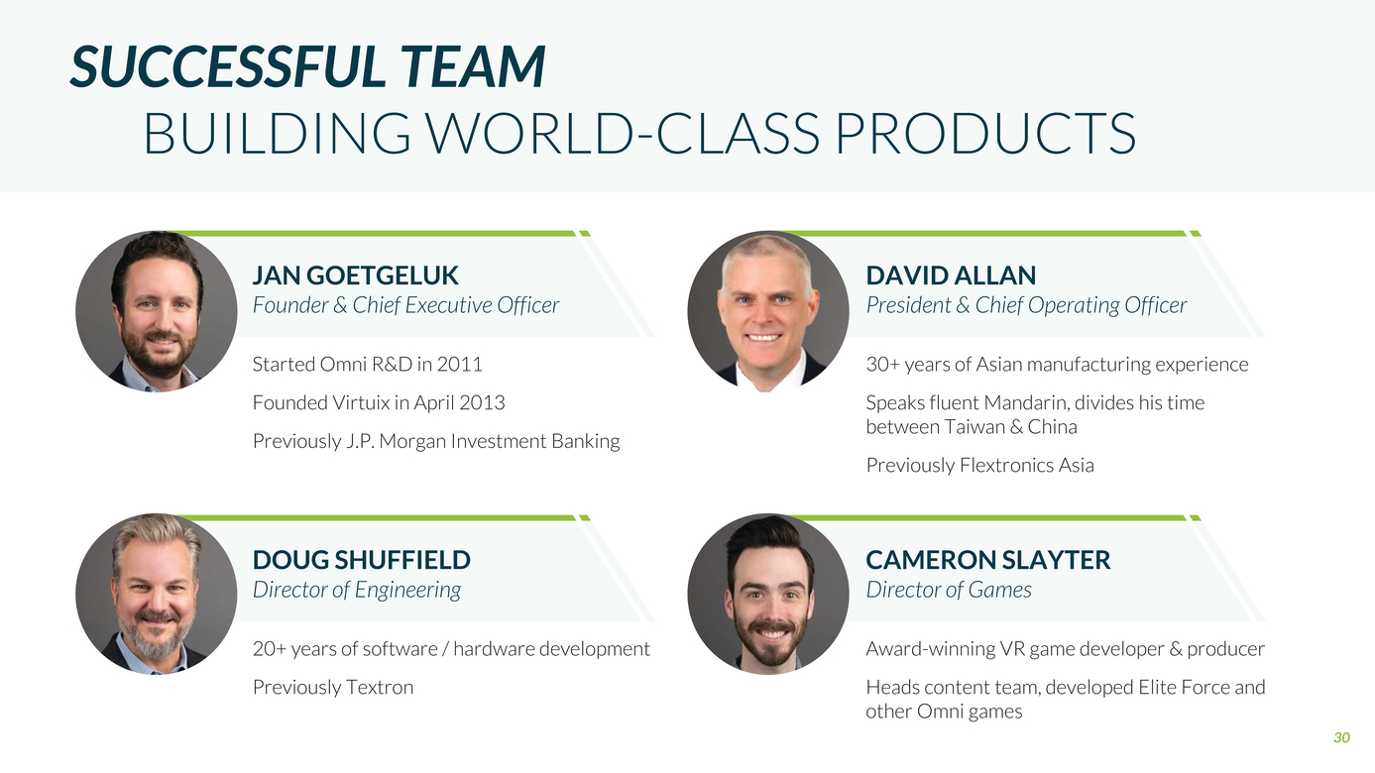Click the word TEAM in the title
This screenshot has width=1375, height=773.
[473, 65]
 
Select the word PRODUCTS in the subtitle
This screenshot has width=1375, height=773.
[985, 133]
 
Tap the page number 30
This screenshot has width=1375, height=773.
[1341, 737]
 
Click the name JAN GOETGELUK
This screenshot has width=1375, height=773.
[356, 276]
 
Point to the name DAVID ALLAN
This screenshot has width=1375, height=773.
[951, 276]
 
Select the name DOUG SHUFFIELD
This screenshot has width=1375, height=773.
[362, 560]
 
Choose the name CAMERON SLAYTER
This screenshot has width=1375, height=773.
[987, 560]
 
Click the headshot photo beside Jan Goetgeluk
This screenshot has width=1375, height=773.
[156, 311]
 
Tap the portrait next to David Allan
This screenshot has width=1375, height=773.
[768, 311]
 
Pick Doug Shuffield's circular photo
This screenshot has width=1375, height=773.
[156, 595]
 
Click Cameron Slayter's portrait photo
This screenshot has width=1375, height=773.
[768, 595]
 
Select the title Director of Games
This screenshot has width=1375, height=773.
[949, 590]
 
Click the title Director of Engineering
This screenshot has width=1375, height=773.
[357, 591]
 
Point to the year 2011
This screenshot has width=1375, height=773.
[459, 365]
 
